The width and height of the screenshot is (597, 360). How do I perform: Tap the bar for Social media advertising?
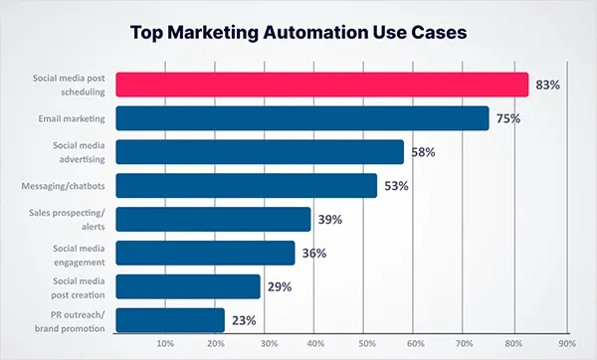(x=260, y=152)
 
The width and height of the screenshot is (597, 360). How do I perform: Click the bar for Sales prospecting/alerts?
(x=213, y=220)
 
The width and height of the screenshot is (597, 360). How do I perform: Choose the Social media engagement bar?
(x=205, y=253)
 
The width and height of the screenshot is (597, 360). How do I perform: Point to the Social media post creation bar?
(x=188, y=286)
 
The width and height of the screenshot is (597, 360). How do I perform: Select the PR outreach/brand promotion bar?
(x=170, y=320)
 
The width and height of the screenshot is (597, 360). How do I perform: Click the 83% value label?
(x=547, y=86)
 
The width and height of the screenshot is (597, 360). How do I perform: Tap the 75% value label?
(x=507, y=118)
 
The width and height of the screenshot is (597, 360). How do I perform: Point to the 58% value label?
(x=423, y=152)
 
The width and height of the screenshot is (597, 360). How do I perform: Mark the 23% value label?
(x=244, y=320)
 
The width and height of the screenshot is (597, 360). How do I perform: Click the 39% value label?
(x=330, y=220)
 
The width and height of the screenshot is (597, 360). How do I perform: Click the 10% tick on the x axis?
(x=166, y=344)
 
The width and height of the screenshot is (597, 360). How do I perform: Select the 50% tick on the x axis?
(x=366, y=344)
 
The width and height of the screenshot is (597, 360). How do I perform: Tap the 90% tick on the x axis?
(x=566, y=344)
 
